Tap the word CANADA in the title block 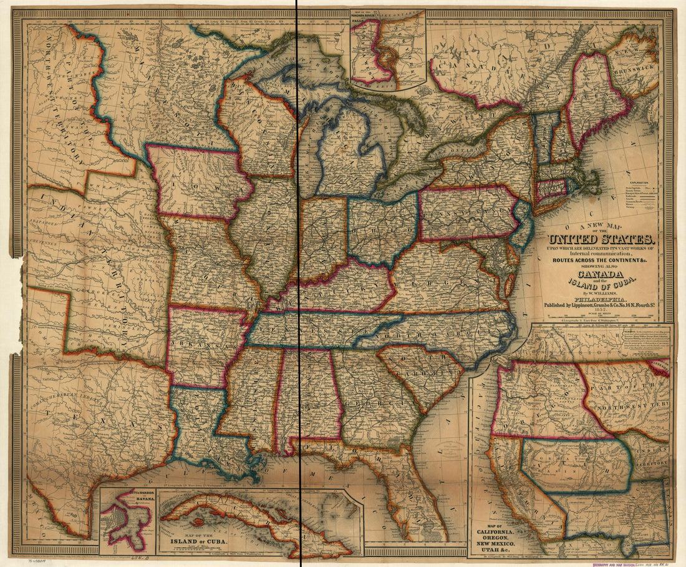[x=601, y=275]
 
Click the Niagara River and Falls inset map [x=387, y=49]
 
